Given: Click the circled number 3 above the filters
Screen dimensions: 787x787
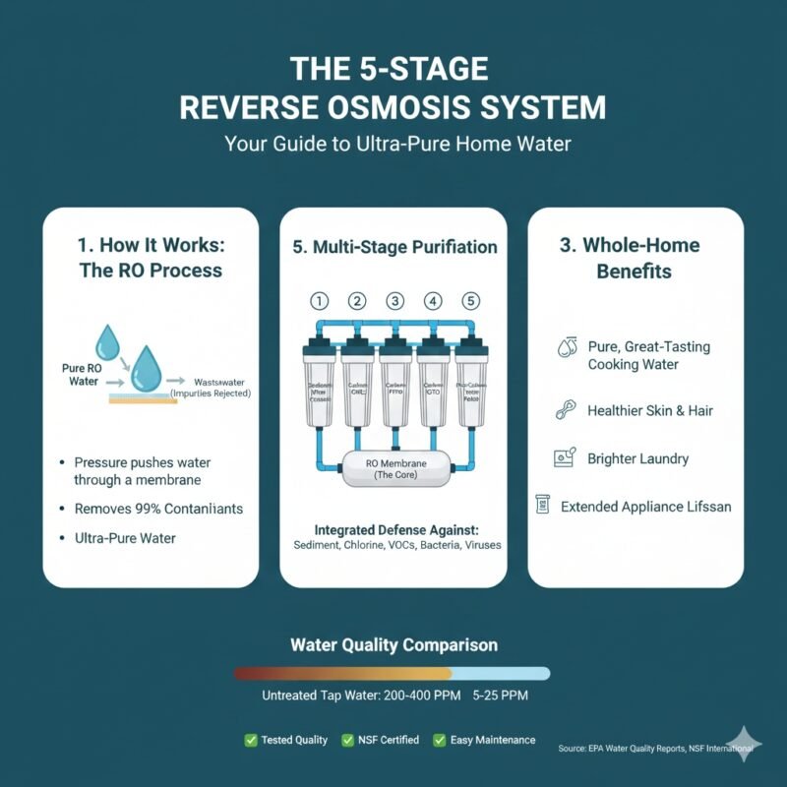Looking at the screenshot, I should pos(394,301).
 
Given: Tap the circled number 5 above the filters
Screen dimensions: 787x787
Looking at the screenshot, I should pos(471,301).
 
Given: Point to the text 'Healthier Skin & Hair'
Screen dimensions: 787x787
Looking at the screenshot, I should pos(648,410).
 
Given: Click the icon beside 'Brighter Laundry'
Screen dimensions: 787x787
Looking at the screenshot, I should pos(565,457).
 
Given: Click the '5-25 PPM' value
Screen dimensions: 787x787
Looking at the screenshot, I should pos(501,696).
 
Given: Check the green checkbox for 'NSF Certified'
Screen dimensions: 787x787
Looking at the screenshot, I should pos(347,740).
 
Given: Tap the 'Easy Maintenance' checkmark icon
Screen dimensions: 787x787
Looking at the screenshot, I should pos(441,740).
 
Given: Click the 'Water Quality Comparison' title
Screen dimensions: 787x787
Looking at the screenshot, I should pos(393,645).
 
